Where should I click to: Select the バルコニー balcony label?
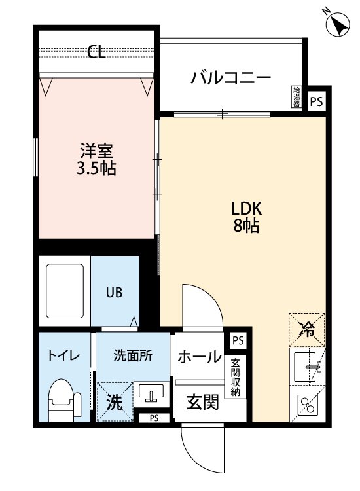[x=230, y=79]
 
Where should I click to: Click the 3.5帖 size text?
[x=96, y=169]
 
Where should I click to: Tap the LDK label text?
[x=247, y=209]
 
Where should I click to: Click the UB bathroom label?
[x=115, y=293]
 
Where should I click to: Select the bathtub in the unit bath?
[x=64, y=290]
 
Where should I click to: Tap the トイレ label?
[x=63, y=356]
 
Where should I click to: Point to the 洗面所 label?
[x=133, y=356]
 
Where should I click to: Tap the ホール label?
[x=199, y=357]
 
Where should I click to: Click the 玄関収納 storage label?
[x=234, y=378]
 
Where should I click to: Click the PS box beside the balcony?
[x=317, y=101]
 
